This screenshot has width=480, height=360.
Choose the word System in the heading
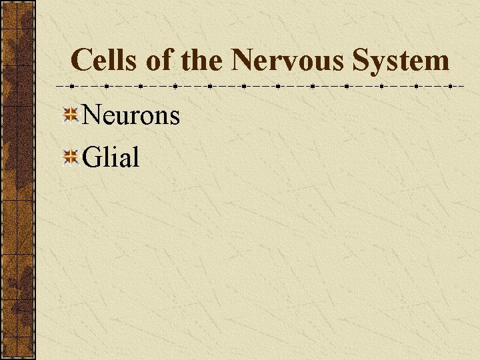tap(401, 60)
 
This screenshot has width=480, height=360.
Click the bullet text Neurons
tap(131, 115)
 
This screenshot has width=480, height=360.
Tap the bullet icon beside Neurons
tap(71, 115)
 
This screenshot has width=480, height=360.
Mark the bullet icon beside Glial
tap(71, 157)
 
